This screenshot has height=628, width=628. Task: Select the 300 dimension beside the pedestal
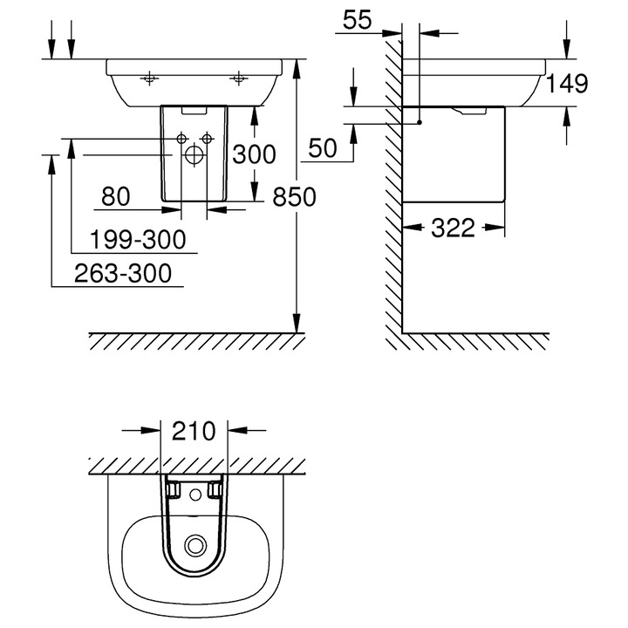(255, 155)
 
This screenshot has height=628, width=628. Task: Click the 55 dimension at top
(358, 20)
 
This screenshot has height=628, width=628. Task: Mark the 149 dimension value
(568, 84)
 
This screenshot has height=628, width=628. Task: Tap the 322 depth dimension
(454, 229)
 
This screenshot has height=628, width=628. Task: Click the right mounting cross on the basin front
(238, 79)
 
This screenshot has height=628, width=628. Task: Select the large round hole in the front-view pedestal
(195, 155)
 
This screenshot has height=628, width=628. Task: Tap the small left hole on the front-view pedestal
(181, 138)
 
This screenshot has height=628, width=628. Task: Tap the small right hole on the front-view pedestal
(208, 138)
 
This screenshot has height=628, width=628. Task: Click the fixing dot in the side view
(420, 123)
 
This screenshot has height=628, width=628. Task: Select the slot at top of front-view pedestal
(195, 112)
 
